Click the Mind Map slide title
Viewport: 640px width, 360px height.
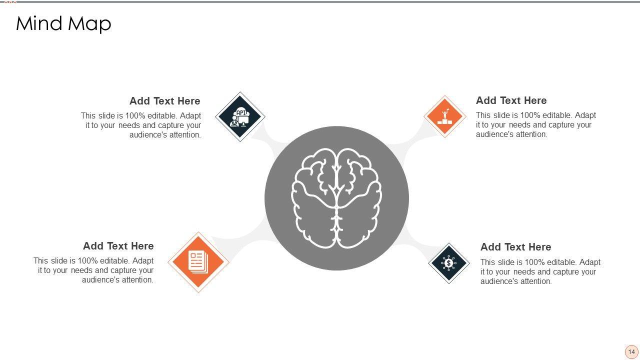coord(63,23)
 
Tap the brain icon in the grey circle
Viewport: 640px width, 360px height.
coord(336,198)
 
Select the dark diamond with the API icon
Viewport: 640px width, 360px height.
coord(240,116)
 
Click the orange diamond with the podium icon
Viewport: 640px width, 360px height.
coord(445,116)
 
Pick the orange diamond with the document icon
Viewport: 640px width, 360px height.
coord(198,262)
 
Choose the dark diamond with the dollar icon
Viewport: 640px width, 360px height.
coord(448,263)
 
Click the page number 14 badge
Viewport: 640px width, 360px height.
coord(631,351)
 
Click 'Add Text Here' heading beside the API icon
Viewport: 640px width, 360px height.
coord(165,101)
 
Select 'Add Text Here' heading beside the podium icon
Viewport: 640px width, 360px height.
coord(511,100)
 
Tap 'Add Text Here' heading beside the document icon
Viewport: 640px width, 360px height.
coord(118,246)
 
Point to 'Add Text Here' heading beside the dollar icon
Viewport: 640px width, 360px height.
coord(515,247)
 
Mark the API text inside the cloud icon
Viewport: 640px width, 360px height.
coord(241,113)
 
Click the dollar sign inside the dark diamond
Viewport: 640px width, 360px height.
coord(448,263)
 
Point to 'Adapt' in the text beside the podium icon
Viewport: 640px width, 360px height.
coord(585,115)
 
